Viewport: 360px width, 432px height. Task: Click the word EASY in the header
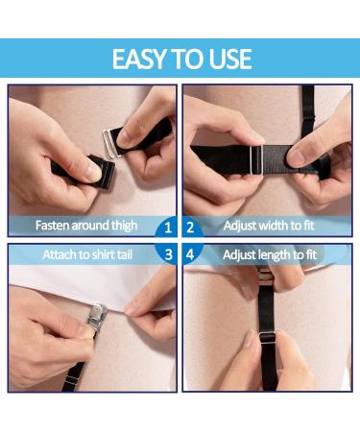[x=141, y=59]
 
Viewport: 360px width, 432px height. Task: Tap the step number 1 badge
[x=167, y=228]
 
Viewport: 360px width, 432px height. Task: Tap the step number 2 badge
[x=191, y=228]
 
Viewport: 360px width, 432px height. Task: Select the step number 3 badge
[x=167, y=254]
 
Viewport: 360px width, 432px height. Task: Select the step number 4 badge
[x=191, y=254]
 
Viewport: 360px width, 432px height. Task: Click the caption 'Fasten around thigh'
[x=86, y=227]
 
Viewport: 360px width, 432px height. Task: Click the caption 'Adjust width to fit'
[x=269, y=227]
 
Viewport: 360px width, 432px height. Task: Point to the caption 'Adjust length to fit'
[x=270, y=254]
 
